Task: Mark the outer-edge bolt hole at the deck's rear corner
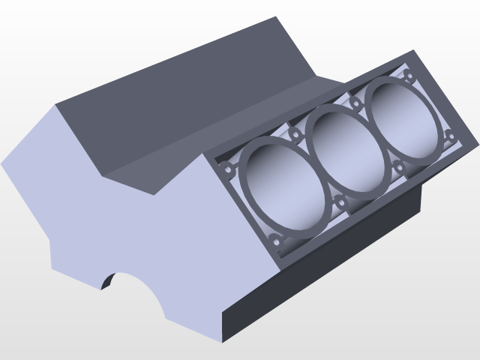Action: [449, 136]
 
